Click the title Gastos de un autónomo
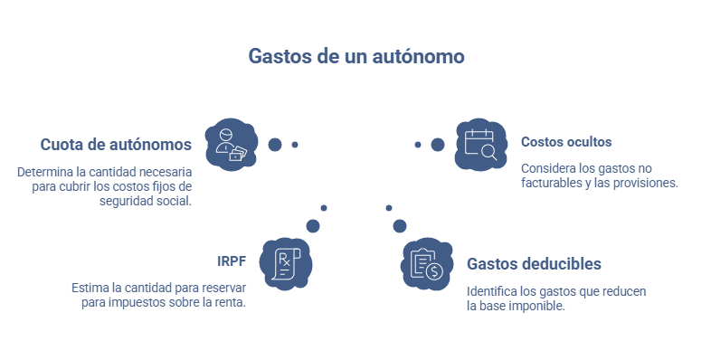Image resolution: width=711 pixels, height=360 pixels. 355,56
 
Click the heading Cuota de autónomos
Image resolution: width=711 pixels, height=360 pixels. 116,144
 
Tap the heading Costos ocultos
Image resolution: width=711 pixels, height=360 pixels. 566,142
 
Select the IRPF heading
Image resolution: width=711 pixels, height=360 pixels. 231,261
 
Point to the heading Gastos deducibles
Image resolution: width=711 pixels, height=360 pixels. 534,264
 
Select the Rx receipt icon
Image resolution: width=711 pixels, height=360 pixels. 284,262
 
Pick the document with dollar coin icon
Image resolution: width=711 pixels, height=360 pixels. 425,263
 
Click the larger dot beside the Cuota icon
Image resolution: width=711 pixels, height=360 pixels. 275,144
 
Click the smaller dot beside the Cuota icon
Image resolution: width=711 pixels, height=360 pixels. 295,145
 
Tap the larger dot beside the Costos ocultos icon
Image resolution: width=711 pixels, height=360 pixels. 438,145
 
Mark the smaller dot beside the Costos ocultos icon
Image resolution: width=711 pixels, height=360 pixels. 418,145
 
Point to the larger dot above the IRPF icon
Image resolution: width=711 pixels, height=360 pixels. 313,225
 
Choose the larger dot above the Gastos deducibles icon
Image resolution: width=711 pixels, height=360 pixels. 399,225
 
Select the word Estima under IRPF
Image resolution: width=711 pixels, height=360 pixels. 89,288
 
